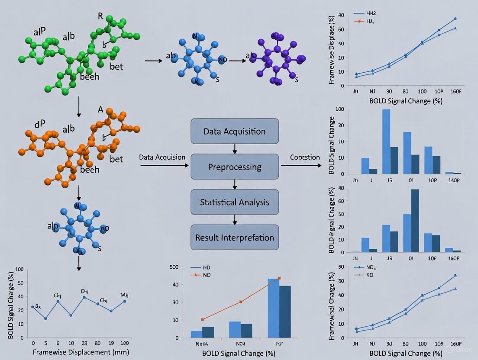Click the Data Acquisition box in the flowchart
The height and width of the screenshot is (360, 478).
235,131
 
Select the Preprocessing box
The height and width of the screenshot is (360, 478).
235,167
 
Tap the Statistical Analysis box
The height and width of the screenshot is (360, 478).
235,202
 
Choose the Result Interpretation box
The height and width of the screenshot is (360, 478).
235,237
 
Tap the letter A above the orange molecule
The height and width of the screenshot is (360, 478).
100,110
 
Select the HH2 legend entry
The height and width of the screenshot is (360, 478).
371,13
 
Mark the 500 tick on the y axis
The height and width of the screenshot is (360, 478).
173,267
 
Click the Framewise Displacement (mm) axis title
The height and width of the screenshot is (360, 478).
81,352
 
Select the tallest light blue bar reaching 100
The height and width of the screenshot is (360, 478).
386,141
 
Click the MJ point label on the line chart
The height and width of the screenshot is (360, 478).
124,296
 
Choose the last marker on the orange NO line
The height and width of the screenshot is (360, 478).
279,278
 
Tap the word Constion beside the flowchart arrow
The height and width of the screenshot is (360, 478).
305,157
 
